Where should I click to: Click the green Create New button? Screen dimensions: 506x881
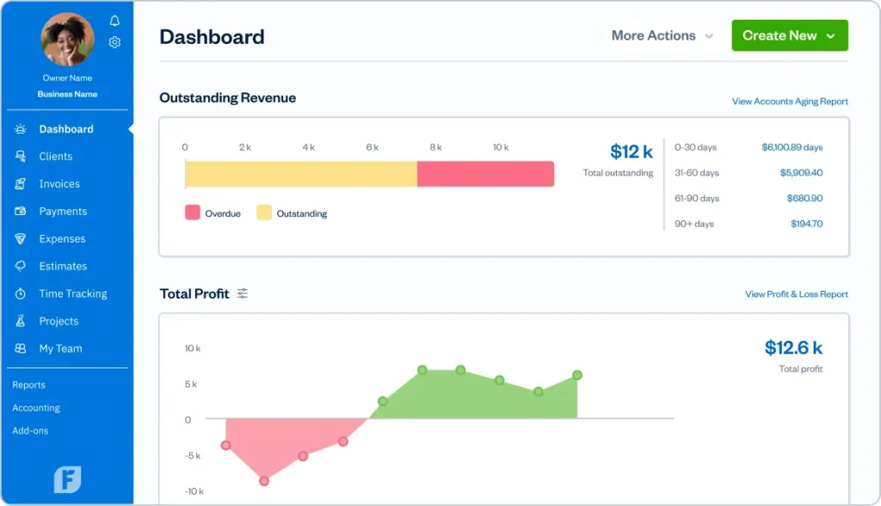coord(789,35)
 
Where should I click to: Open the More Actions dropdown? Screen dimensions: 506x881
coord(662,36)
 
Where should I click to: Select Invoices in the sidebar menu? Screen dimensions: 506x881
coord(59,184)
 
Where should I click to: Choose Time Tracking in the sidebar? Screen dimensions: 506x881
coord(72,293)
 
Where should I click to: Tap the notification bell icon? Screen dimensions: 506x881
coord(115,21)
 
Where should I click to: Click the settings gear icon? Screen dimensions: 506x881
coord(114,42)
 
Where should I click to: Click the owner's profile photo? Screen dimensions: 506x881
coord(68,40)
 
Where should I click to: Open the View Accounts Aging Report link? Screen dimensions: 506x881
coord(790,102)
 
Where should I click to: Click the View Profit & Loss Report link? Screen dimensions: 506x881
coord(796,294)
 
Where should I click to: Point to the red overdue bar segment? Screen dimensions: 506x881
coord(485,174)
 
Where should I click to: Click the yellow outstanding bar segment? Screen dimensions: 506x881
coord(301,174)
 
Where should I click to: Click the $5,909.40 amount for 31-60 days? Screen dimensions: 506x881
coord(801,173)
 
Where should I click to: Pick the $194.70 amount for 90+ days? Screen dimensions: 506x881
coord(806,224)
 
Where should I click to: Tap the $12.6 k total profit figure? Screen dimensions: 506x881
coord(792,348)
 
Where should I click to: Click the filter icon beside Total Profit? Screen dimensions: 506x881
coord(243,294)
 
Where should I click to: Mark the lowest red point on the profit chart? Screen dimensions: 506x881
coord(264,481)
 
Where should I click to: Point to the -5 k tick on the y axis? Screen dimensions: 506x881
coord(193,456)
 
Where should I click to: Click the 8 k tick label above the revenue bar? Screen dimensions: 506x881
coord(435,148)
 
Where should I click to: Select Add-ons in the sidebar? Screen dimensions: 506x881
coord(30,430)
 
